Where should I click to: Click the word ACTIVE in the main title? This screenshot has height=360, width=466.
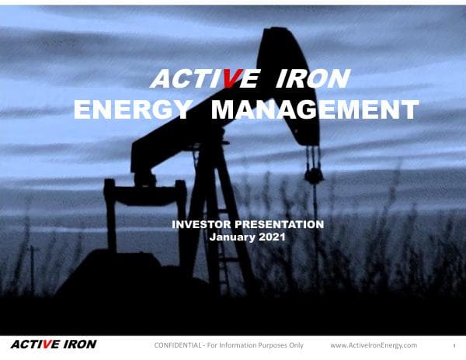[x=189, y=79]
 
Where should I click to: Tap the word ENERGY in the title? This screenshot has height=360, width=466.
[x=132, y=110]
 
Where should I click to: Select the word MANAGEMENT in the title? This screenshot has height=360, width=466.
[x=315, y=110]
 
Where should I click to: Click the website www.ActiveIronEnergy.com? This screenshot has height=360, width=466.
[x=374, y=345]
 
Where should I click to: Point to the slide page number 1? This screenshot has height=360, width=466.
[x=453, y=346]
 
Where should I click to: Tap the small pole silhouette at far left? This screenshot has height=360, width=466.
[x=32, y=268]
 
